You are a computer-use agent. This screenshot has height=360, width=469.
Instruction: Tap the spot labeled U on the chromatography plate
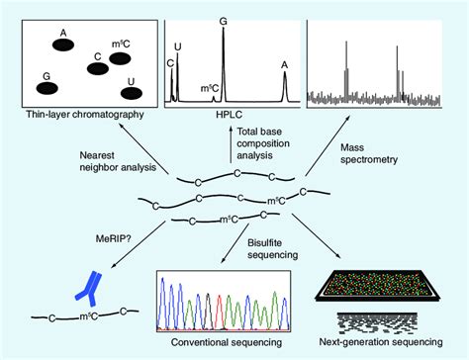(131, 94)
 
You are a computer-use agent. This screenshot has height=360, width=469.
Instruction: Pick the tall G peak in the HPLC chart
(223, 59)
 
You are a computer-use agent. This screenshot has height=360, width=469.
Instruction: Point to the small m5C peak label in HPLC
(210, 88)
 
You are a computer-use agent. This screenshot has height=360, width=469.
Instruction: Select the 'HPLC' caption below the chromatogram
(231, 117)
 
